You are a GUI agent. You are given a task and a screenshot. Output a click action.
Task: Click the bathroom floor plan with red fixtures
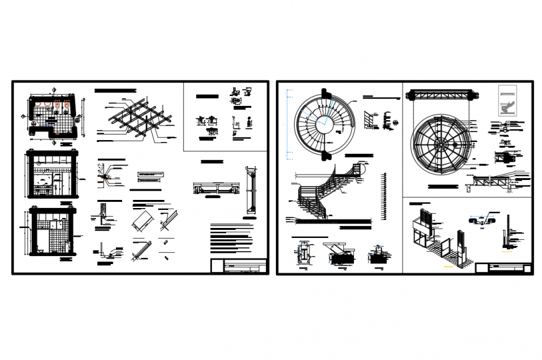pos(52,116)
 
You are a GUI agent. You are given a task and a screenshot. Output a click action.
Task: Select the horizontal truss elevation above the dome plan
pos(444,95)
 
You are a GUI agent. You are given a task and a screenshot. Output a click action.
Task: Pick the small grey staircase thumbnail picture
pos(508,100)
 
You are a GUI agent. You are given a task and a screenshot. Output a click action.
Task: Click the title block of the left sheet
pos(239,266)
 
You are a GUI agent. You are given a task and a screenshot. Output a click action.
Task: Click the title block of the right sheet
pos(503,268)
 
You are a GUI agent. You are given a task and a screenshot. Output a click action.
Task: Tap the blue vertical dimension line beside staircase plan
pos(287,122)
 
